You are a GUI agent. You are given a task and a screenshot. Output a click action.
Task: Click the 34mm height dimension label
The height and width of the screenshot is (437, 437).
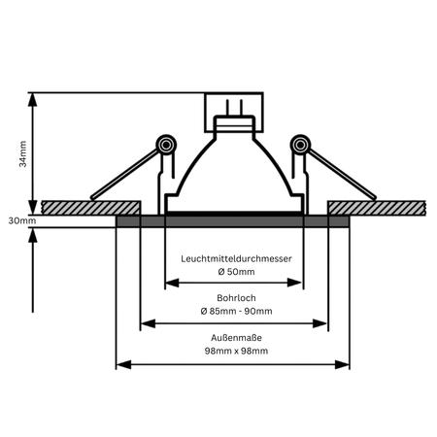[22, 153]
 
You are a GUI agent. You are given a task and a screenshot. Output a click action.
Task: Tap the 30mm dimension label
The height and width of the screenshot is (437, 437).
[22, 220]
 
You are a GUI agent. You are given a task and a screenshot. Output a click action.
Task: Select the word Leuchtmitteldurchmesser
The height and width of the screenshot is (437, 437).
[236, 258]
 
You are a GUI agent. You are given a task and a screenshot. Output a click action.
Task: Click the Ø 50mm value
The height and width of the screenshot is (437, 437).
[236, 272]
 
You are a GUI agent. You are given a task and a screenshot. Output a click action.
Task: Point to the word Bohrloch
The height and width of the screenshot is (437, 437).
[236, 298]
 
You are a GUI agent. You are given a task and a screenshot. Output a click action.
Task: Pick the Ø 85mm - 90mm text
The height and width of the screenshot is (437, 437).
[236, 311]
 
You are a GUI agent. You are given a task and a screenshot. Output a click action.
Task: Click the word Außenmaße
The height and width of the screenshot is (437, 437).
[236, 338]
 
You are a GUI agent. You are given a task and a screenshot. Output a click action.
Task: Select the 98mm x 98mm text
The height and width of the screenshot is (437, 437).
[236, 351]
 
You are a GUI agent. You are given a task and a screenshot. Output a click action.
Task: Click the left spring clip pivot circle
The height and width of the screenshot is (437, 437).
[166, 145]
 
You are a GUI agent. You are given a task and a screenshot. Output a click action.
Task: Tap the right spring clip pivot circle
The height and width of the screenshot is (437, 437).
[300, 145]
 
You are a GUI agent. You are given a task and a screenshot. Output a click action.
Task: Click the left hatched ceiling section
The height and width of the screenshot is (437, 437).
[91, 208]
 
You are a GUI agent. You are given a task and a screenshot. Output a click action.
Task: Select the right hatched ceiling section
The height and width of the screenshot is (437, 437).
[377, 208]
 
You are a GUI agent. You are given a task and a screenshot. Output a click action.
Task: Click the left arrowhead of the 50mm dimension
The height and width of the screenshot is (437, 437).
[172, 283]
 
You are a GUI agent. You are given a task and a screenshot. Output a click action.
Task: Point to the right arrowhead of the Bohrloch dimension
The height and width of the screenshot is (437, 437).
[319, 323]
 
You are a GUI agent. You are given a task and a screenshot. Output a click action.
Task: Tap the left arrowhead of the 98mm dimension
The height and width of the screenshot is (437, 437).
[123, 364]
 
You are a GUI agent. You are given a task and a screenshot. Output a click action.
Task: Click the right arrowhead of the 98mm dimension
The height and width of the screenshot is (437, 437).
[342, 364]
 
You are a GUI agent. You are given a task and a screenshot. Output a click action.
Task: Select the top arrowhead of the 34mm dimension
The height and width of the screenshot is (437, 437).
[32, 100]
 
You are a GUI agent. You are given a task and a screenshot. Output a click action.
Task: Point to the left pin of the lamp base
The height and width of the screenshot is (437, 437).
[227, 108]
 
